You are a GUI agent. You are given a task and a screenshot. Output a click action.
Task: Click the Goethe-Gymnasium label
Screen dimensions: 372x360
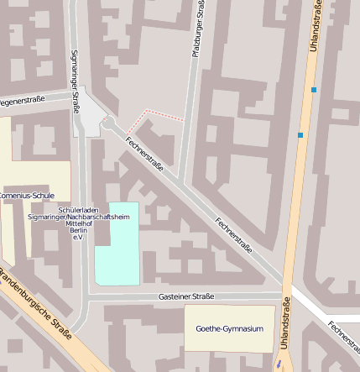tap(229, 328)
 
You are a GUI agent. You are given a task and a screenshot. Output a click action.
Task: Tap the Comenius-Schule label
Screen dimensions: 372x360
tap(27, 195)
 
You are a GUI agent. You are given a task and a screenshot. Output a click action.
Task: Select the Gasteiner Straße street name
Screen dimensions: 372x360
tap(185, 296)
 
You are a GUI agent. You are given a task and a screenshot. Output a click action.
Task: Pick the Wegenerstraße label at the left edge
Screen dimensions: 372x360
tap(22, 100)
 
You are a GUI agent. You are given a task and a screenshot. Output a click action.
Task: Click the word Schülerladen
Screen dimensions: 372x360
tap(81, 208)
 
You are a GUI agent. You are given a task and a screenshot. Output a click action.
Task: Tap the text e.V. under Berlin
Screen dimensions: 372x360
tap(79, 238)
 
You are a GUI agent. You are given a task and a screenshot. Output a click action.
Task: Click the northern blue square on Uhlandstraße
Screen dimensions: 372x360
tap(314, 89)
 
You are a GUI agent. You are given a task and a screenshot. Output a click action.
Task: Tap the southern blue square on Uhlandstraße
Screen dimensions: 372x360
tap(300, 134)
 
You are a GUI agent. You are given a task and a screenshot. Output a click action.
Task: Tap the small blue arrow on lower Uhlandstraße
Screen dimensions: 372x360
tap(279, 364)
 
